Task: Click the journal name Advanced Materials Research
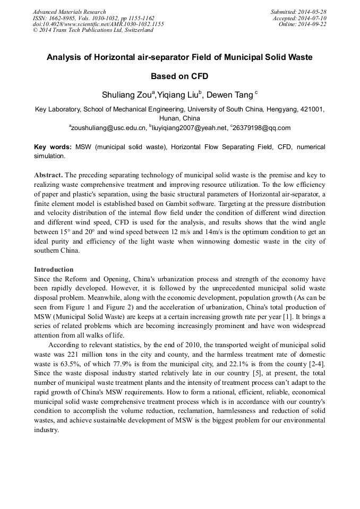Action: coord(70,12)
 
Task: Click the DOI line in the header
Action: coord(98,24)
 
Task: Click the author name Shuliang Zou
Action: coord(126,94)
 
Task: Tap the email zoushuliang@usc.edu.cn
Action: coord(108,127)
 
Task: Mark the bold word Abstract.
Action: coord(49,175)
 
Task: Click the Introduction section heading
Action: coord(54,270)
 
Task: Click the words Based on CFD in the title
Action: coord(179,76)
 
